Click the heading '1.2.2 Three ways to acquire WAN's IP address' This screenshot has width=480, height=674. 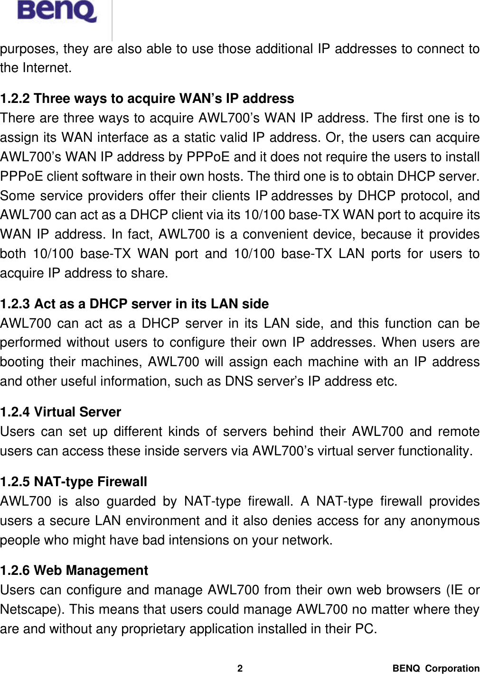tap(147, 99)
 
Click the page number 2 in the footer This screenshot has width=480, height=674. tap(240, 668)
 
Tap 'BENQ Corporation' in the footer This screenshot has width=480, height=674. tap(435, 668)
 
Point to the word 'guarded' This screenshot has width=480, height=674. tap(131, 501)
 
